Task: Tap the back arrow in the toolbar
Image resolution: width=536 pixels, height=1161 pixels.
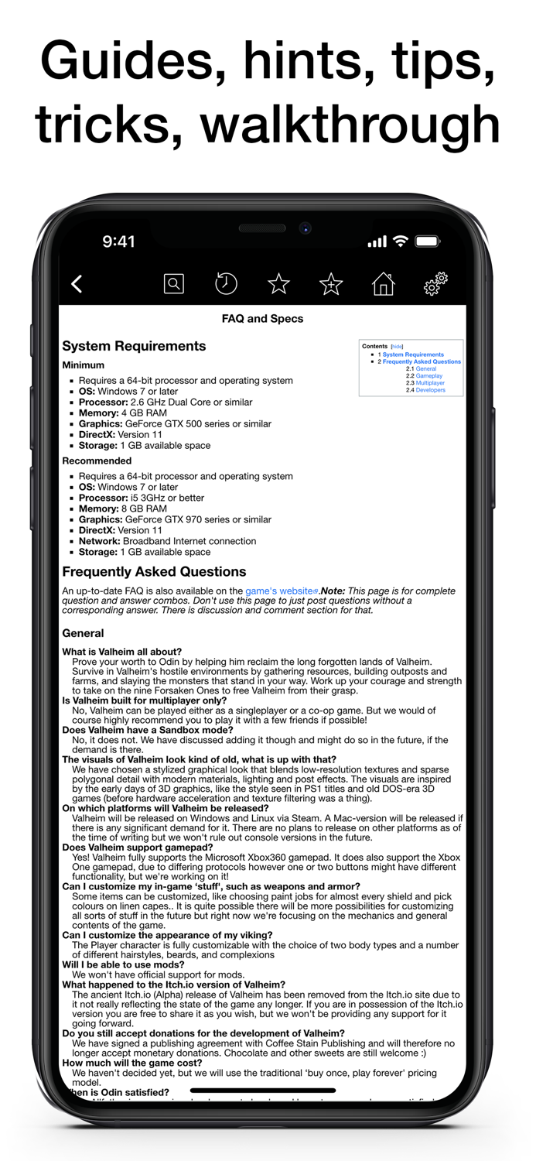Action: tap(77, 284)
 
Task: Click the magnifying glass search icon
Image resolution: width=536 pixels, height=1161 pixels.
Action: tap(174, 284)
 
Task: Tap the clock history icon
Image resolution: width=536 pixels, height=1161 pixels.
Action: tap(226, 284)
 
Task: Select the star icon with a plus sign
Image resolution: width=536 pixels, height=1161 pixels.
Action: tap(331, 284)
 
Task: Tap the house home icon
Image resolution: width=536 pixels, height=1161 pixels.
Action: tap(383, 284)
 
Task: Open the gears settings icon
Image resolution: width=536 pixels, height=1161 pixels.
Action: tap(435, 284)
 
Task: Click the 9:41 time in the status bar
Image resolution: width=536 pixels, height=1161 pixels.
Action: tap(118, 241)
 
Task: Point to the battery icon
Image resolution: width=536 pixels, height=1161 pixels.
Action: tap(427, 241)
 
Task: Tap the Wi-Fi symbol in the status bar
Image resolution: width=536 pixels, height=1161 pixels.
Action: tap(400, 241)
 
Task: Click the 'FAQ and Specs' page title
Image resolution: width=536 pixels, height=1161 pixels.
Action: tap(262, 318)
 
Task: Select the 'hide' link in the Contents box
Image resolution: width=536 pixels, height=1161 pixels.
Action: tap(397, 347)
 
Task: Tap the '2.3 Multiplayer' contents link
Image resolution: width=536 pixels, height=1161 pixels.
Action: tap(430, 383)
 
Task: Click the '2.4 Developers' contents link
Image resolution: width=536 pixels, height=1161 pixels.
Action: tap(430, 390)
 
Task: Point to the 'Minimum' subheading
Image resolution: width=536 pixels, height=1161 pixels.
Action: tap(83, 365)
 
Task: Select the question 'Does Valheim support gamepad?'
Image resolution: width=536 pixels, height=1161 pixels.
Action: tap(138, 848)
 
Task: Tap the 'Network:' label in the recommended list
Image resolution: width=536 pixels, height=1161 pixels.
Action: tap(98, 541)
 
